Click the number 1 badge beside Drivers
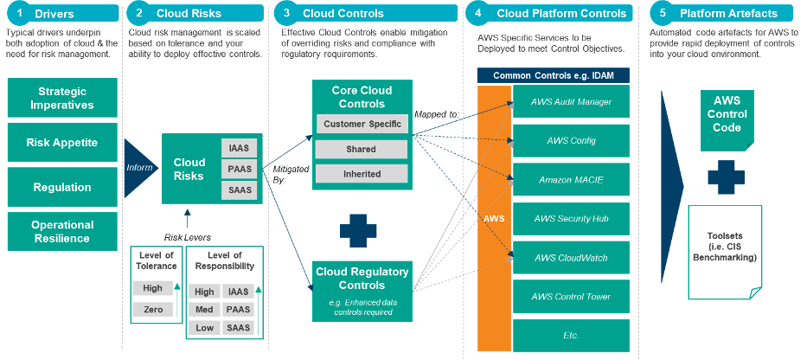20,13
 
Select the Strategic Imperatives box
62,98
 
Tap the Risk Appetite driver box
62,143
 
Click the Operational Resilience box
62,231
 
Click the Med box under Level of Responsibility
204,310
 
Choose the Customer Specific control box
362,124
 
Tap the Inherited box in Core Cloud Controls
362,173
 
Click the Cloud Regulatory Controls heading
362,277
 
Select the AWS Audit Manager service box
571,102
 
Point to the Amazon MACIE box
571,180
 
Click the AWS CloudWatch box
571,258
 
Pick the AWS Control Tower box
571,297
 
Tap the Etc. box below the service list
571,335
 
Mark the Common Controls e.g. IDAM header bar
554,75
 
